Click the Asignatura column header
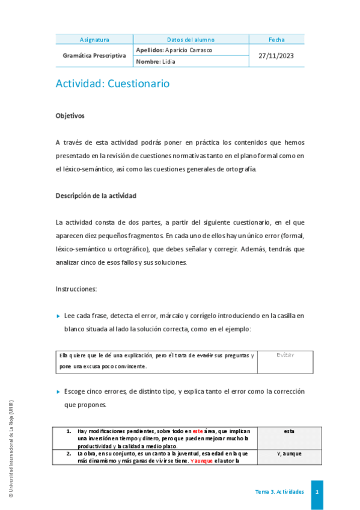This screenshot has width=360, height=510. coord(94,40)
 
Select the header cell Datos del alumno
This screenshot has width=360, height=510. coord(191,40)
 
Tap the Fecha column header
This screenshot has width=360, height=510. coord(276,40)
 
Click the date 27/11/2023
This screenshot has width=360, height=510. coord(276,55)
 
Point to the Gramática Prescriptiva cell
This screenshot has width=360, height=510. coord(94,55)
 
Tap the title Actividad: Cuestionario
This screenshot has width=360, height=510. coord(112,84)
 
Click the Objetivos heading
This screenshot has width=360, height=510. coord(70,115)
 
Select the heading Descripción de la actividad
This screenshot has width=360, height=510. coord(96,195)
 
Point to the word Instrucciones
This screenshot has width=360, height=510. coord(76,289)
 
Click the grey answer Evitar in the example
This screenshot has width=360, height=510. coord(285,355)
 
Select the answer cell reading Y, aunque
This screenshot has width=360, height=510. coord(289,453)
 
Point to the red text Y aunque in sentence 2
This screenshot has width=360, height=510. coord(202,461)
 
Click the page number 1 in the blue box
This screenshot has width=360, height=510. coord(317,492)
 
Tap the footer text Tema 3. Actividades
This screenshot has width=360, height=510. coord(279,492)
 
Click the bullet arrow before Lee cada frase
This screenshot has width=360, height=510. coord(58,316)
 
